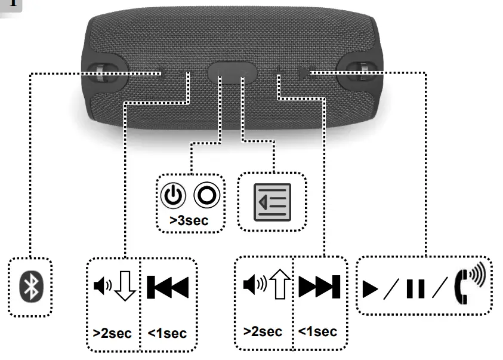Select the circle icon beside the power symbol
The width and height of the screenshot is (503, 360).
click(x=206, y=196)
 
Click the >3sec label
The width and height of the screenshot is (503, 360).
click(x=189, y=220)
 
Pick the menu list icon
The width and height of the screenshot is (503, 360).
click(x=272, y=202)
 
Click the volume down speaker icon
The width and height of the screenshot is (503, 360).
click(x=103, y=287)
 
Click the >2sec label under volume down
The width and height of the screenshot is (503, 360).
click(x=113, y=333)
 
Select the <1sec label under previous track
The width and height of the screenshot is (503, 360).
click(x=167, y=333)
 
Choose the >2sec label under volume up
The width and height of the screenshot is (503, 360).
click(x=263, y=331)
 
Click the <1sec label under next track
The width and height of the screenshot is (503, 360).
click(x=317, y=331)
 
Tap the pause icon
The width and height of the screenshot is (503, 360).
click(x=415, y=288)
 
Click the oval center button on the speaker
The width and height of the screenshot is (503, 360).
click(x=233, y=73)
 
